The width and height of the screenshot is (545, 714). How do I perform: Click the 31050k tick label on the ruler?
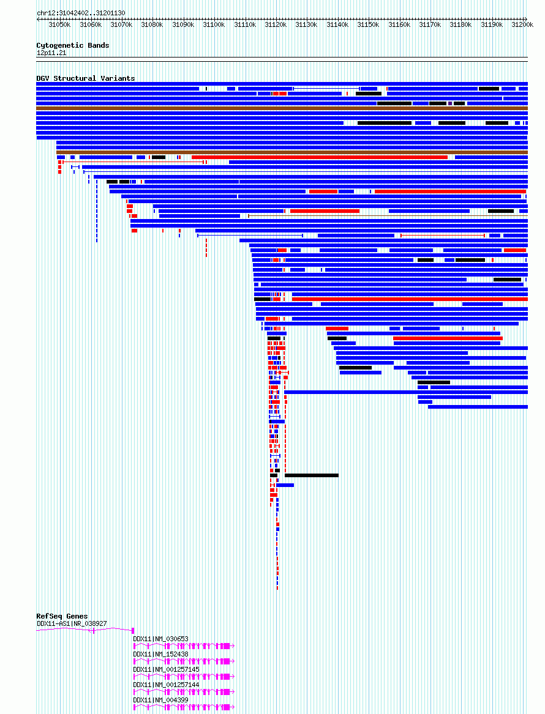tap(59, 24)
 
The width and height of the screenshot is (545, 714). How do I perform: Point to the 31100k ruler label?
tap(214, 24)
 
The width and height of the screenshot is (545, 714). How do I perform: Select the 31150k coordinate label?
tap(368, 24)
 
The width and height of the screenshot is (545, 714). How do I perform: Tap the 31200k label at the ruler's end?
tap(522, 24)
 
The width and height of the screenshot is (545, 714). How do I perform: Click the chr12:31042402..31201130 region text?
tap(81, 13)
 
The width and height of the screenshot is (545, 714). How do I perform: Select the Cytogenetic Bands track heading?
tap(73, 45)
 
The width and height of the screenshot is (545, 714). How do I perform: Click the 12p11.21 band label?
tap(51, 53)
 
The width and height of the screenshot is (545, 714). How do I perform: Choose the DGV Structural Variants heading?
tap(86, 78)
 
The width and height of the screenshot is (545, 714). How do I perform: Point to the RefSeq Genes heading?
tap(62, 616)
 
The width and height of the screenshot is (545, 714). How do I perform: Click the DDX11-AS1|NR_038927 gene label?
tap(72, 623)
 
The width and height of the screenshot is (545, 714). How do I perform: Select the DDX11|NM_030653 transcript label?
tap(161, 639)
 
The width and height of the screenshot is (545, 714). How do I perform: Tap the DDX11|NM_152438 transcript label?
tap(161, 654)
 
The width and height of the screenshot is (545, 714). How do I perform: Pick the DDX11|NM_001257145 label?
tap(167, 669)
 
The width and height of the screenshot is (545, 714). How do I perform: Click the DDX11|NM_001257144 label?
tap(167, 685)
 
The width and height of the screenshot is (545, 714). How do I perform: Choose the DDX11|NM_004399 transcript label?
tap(161, 700)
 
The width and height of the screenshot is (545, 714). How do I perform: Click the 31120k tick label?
tap(276, 24)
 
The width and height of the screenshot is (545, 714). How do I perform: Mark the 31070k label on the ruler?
tap(121, 24)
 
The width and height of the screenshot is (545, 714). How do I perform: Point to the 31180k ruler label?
tap(460, 24)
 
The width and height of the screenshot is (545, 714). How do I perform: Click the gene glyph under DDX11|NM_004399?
tap(184, 707)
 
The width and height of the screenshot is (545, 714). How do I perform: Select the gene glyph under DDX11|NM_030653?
tap(184, 645)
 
